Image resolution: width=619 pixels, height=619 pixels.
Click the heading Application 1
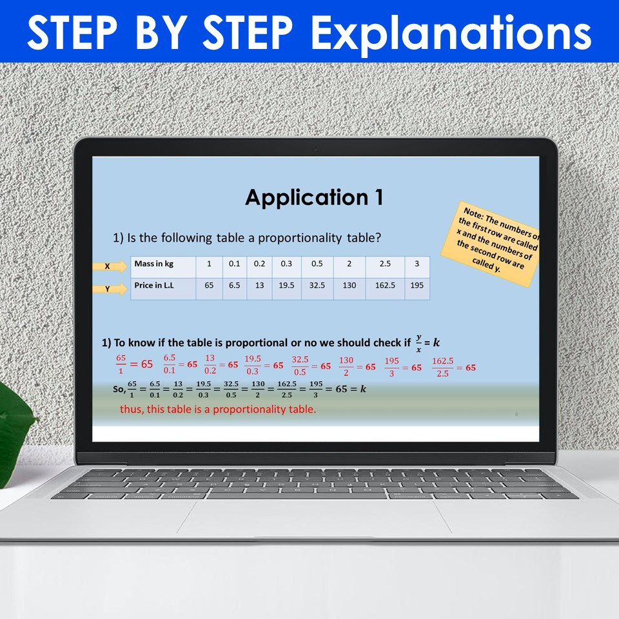tap(314, 197)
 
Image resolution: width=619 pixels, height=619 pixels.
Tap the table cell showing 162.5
tap(385, 285)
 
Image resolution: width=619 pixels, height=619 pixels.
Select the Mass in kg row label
tap(154, 264)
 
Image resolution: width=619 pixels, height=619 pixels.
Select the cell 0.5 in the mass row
tap(317, 264)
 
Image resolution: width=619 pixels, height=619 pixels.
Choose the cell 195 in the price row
tap(417, 285)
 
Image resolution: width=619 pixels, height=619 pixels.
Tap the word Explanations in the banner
tap(451, 33)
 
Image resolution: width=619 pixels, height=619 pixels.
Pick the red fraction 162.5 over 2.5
tap(443, 366)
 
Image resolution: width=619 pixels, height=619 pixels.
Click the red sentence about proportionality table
tap(218, 409)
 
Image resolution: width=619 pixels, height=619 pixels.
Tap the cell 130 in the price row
tap(349, 285)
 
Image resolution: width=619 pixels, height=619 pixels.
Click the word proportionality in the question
tap(300, 238)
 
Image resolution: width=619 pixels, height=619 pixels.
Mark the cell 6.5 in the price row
tap(234, 285)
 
